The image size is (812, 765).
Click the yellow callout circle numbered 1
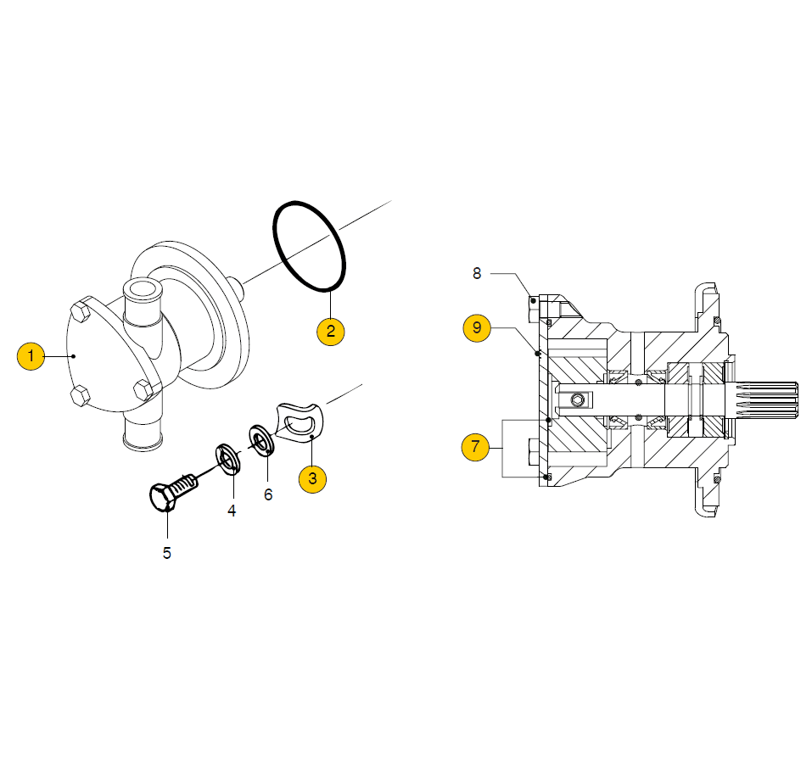pos(31,356)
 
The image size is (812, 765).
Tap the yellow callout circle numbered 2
pos(330,332)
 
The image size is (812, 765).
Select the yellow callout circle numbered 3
pos(312,479)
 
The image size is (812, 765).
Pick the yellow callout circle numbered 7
pos(475,447)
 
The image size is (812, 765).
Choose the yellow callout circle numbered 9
pos(477,327)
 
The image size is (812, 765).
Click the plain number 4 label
pos(232,511)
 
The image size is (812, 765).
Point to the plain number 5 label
pos(167,553)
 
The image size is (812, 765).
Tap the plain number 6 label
pos(268,494)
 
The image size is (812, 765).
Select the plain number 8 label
pos(477,273)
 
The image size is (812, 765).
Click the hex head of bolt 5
pos(163,498)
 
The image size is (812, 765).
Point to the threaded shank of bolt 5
pos(185,483)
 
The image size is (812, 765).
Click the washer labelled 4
pos(228,459)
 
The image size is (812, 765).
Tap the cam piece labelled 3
pos(300,423)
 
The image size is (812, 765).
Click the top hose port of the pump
pos(143,303)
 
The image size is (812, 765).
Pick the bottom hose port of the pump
pos(143,433)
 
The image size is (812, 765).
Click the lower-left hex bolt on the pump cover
pos(81,396)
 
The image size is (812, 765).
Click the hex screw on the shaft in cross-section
pos(579,399)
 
